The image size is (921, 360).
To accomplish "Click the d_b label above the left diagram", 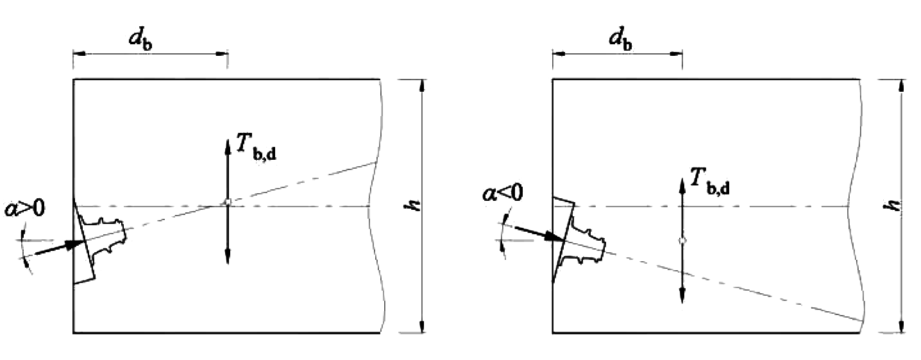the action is pos(140,40).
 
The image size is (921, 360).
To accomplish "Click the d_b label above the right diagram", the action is pos(620,40).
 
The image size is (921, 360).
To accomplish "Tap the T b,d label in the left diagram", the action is pos(256,147).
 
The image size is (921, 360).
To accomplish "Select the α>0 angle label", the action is pos(24,208).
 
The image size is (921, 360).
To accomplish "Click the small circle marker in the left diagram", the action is pos(228,201).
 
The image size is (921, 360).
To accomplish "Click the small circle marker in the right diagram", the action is pos(682,240).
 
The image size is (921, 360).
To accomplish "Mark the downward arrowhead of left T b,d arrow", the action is pos(228,256).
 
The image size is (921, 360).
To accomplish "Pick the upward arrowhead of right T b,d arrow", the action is pos(682,186).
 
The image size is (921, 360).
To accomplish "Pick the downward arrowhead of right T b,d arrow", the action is pos(682,295).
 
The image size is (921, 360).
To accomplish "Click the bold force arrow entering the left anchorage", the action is pos(59,247).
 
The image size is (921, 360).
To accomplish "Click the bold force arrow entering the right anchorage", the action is pos(539,233).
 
